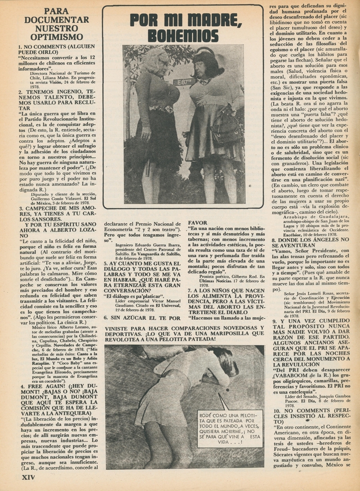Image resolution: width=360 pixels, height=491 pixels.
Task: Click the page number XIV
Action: click(28, 477)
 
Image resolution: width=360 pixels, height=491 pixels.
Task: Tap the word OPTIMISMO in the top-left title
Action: click(50, 37)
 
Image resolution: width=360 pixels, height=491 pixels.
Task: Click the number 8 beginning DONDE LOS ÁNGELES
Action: click(274, 240)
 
